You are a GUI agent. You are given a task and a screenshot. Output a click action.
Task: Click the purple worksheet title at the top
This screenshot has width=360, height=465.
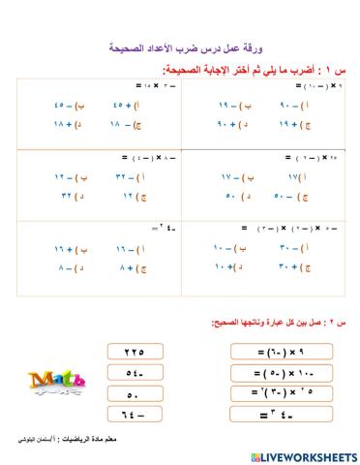coord(179,46)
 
